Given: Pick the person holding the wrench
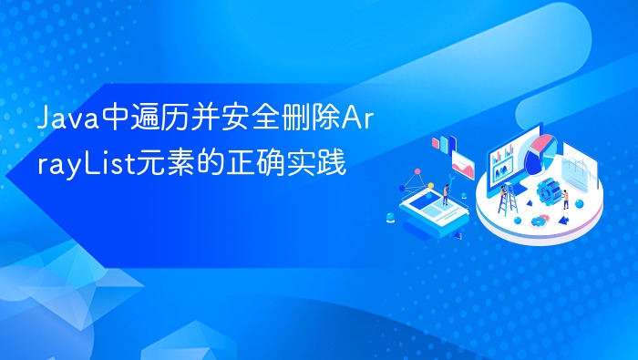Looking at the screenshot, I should tap(445, 192).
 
